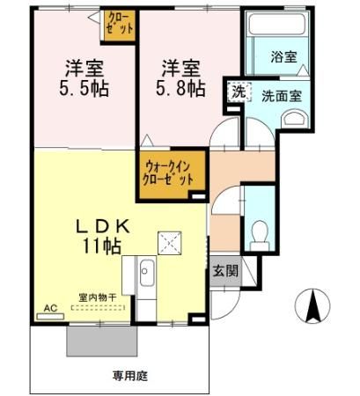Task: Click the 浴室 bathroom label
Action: tap(283, 57)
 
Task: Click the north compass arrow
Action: tap(311, 305)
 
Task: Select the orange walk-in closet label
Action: tap(167, 169)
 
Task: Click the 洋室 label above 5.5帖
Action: tap(84, 66)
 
